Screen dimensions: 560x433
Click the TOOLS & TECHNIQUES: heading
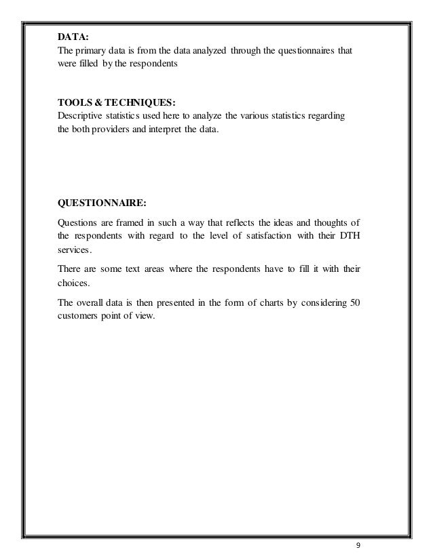click(116, 103)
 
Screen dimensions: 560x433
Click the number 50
click(354, 302)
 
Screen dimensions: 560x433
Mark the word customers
click(77, 316)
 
